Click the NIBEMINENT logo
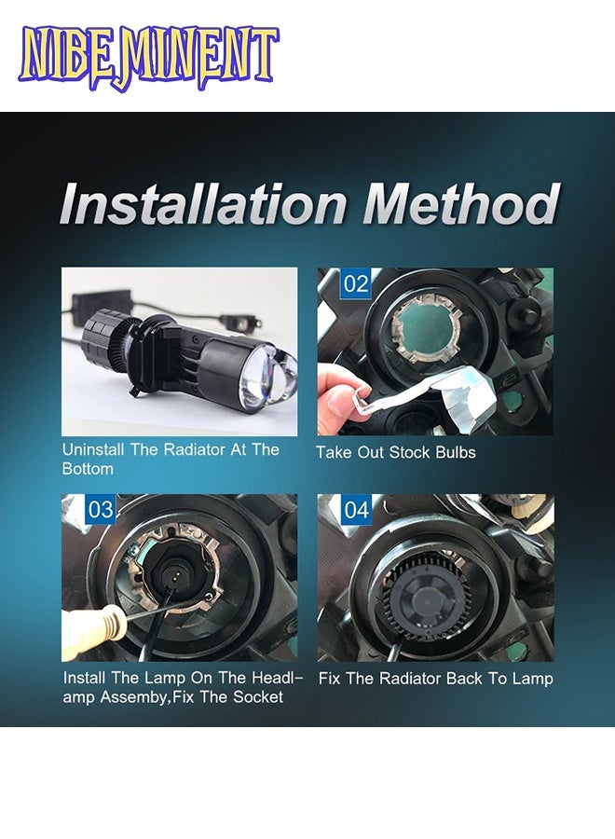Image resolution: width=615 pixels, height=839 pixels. (x=148, y=57)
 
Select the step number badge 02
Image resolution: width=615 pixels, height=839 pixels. (x=356, y=283)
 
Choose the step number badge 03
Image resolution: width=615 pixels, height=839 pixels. (x=101, y=509)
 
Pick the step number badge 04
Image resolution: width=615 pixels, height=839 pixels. (x=356, y=509)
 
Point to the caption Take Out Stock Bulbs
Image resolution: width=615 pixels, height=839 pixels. (x=396, y=453)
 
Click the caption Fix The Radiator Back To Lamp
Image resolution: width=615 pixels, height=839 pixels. (x=436, y=679)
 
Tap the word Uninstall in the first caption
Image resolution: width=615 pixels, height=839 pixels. (x=93, y=449)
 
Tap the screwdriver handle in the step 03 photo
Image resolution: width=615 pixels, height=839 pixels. (x=95, y=631)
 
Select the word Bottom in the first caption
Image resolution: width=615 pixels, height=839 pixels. (x=88, y=469)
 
